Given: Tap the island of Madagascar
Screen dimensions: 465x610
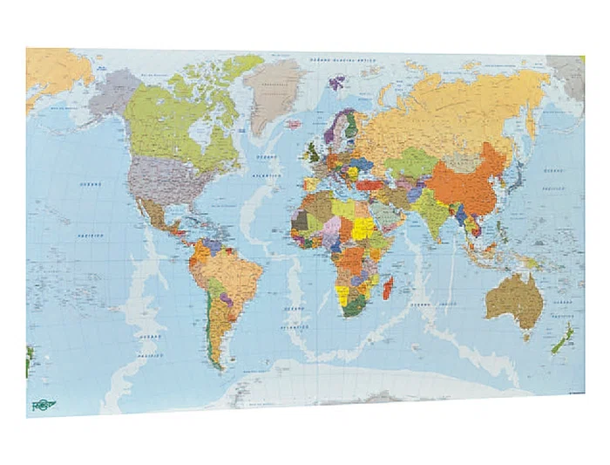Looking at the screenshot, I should [x=388, y=284].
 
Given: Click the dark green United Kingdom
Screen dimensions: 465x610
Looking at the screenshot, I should [x=312, y=155].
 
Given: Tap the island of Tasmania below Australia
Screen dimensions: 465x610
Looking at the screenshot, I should [x=525, y=334].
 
